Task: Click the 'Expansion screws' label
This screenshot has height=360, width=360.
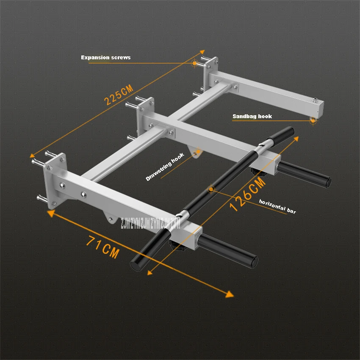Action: [106, 57]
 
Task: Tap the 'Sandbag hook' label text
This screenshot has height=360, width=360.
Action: [252, 116]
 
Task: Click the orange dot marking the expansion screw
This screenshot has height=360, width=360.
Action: [194, 64]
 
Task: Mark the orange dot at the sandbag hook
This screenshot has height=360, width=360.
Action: [313, 121]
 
